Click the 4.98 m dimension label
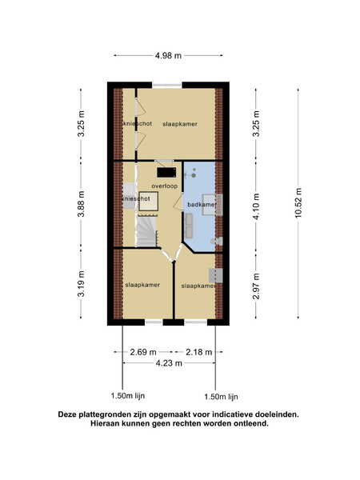(168, 56)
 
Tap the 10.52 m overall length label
(298, 203)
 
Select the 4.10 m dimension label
(257, 206)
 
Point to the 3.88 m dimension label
(81, 204)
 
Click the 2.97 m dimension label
(257, 286)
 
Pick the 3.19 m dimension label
(81, 283)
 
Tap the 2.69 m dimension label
(143, 352)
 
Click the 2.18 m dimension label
(198, 352)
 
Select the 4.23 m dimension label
(169, 363)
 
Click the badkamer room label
(202, 204)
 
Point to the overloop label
(164, 186)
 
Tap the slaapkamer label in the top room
(180, 124)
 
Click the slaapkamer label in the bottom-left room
(142, 285)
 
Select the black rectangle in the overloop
(166, 172)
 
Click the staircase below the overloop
(146, 231)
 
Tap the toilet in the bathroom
(218, 241)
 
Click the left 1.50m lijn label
(128, 395)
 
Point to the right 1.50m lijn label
(221, 397)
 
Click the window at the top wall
(167, 86)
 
